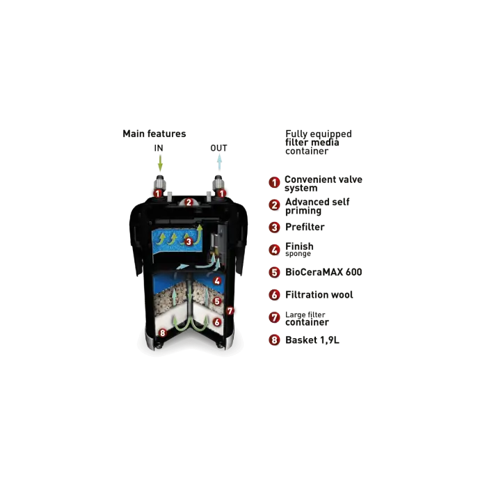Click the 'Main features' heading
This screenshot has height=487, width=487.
(x=154, y=134)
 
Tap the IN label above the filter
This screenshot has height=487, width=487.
(x=159, y=148)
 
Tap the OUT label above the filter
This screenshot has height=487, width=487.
(x=218, y=148)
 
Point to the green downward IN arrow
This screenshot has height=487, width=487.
(x=160, y=163)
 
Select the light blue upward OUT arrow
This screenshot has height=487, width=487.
(x=219, y=162)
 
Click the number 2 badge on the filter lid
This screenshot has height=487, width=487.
(x=189, y=202)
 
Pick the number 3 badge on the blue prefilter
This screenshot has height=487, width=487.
(x=189, y=241)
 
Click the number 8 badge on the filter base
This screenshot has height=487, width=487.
(x=162, y=333)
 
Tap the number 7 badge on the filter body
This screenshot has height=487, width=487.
(x=230, y=310)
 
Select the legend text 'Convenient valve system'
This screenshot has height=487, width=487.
(x=324, y=184)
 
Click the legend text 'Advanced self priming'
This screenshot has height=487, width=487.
(x=317, y=206)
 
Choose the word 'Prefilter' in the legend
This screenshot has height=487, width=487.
(x=305, y=227)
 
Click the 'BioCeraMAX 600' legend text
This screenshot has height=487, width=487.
(x=324, y=272)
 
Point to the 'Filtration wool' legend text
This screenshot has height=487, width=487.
(x=319, y=295)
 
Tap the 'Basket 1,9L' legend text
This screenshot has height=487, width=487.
(x=312, y=340)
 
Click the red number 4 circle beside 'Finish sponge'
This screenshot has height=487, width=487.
(x=274, y=250)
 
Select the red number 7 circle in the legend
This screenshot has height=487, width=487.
(x=274, y=317)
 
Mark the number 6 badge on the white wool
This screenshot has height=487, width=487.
(x=217, y=322)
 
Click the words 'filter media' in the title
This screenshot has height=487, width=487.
(x=312, y=143)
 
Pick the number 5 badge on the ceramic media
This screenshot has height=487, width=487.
(x=217, y=301)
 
